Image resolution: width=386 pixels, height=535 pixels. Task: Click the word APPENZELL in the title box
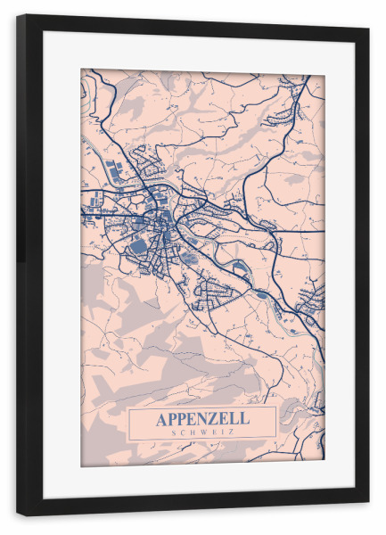pyautogui.click(x=202, y=418)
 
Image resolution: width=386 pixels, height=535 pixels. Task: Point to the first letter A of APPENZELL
pyautogui.click(x=161, y=418)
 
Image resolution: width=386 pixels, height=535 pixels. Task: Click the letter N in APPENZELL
pyautogui.click(x=207, y=418)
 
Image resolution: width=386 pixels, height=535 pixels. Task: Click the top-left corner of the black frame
pyautogui.click(x=18, y=16)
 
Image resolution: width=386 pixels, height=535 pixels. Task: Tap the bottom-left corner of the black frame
pyautogui.click(x=18, y=514)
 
